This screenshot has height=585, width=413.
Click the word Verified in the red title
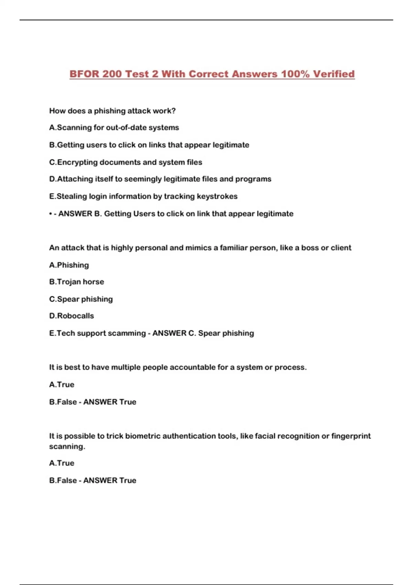pos(333,74)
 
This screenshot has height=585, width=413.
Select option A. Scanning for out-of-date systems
pos(114,128)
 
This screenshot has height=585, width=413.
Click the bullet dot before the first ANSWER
pos(51,214)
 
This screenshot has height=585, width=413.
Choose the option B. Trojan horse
pos(76,282)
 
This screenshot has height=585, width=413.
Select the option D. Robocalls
pos(72,316)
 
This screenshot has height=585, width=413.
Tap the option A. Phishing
pos(69,265)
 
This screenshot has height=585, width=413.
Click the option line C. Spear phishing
pos(81,299)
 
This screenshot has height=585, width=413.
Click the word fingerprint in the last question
pos(351,436)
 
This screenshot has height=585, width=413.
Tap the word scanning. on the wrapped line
pos(67,447)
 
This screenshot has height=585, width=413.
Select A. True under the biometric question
pos(62,463)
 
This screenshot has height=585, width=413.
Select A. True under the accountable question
pos(62,385)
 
